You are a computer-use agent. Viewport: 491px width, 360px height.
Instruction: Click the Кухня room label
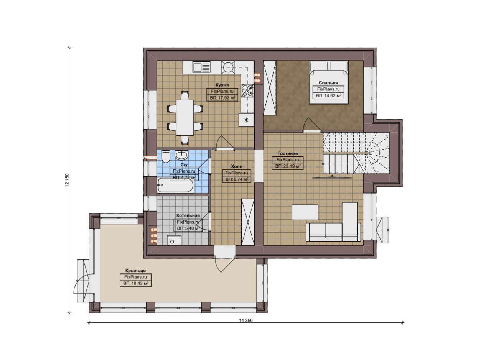[x=222, y=85]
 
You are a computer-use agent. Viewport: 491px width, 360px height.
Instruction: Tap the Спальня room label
[x=328, y=82]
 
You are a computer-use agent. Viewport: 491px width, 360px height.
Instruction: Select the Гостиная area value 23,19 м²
[x=288, y=166]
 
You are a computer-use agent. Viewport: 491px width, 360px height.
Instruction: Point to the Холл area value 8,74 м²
[x=237, y=179]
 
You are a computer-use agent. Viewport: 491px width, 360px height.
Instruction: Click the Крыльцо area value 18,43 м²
[x=136, y=283]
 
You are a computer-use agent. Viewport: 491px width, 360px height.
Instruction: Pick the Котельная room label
[x=188, y=215]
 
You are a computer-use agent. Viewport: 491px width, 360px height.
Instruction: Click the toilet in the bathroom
[x=165, y=156]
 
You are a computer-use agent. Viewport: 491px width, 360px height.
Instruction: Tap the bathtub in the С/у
[x=176, y=185]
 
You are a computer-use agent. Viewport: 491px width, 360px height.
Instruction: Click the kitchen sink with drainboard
[x=201, y=67]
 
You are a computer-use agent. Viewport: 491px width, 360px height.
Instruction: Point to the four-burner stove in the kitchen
[x=248, y=90]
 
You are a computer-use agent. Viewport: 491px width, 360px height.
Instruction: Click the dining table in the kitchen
[x=185, y=118]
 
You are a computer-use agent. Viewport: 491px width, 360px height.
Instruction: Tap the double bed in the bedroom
[x=328, y=82]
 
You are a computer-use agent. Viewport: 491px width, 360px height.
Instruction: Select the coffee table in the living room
[x=305, y=212]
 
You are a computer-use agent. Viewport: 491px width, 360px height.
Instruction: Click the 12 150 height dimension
[x=67, y=180]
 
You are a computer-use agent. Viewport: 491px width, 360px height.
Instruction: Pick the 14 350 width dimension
[x=246, y=321]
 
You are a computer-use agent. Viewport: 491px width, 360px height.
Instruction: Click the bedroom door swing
[x=311, y=125]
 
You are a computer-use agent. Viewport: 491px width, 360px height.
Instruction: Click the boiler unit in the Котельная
[x=174, y=240]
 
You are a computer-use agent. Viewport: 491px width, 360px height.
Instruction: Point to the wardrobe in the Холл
[x=248, y=222]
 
